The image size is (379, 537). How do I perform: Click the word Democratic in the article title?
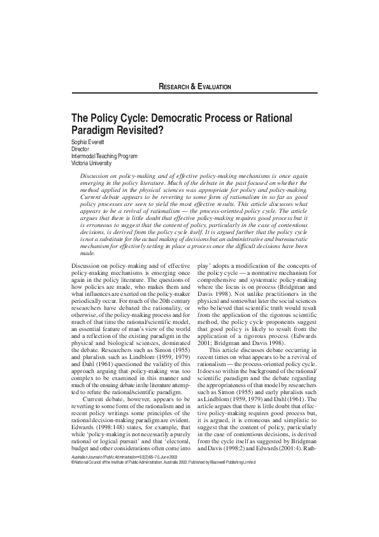pyautogui.click(x=181, y=118)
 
